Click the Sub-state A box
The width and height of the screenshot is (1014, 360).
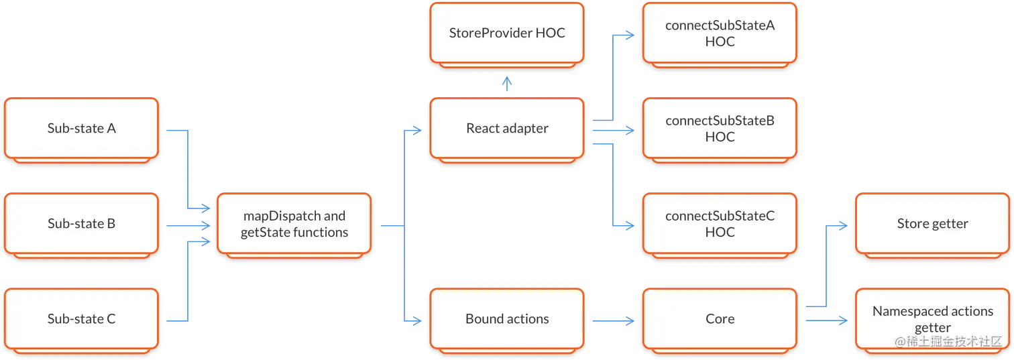pos(81,128)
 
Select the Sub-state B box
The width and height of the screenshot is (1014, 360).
pos(81,223)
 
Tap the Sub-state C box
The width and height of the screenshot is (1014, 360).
pos(81,318)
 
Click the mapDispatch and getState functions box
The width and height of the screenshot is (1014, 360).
pos(294,224)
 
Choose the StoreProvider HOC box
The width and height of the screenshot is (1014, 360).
pos(507,33)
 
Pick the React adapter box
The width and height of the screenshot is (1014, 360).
pos(507,128)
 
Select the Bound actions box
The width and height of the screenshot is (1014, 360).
pos(507,318)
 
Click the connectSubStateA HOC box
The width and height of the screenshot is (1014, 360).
pos(720,33)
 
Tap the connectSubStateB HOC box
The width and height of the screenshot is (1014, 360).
pos(720,128)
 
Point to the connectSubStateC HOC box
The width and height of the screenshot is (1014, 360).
pos(720,224)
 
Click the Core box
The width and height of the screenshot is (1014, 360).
pos(720,318)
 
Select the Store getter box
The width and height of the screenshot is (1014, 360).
pos(932,223)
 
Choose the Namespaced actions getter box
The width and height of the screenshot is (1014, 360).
pos(932,318)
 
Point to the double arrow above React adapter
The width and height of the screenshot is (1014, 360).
pos(507,82)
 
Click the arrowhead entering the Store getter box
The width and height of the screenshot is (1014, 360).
pos(842,226)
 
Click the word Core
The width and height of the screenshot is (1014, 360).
pos(720,318)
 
